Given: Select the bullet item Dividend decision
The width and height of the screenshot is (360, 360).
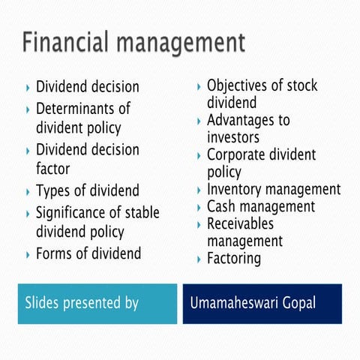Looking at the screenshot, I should pyautogui.click(x=88, y=87).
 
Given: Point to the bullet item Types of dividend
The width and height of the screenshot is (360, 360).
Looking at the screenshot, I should pyautogui.click(x=88, y=190).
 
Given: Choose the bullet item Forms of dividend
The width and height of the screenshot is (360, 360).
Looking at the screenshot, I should pyautogui.click(x=88, y=253).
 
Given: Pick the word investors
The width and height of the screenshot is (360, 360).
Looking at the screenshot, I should pyautogui.click(x=233, y=137).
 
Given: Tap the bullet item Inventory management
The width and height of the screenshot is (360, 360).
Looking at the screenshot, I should pyautogui.click(x=274, y=190).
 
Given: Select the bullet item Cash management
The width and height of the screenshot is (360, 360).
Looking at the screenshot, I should pyautogui.click(x=261, y=207).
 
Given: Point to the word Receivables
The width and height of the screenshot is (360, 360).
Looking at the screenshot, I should pyautogui.click(x=241, y=223).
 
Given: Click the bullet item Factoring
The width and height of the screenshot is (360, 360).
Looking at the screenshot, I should pyautogui.click(x=234, y=259).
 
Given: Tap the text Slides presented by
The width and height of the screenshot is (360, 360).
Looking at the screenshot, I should pyautogui.click(x=82, y=304).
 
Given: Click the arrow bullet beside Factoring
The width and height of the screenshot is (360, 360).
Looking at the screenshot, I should pyautogui.click(x=198, y=259).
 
